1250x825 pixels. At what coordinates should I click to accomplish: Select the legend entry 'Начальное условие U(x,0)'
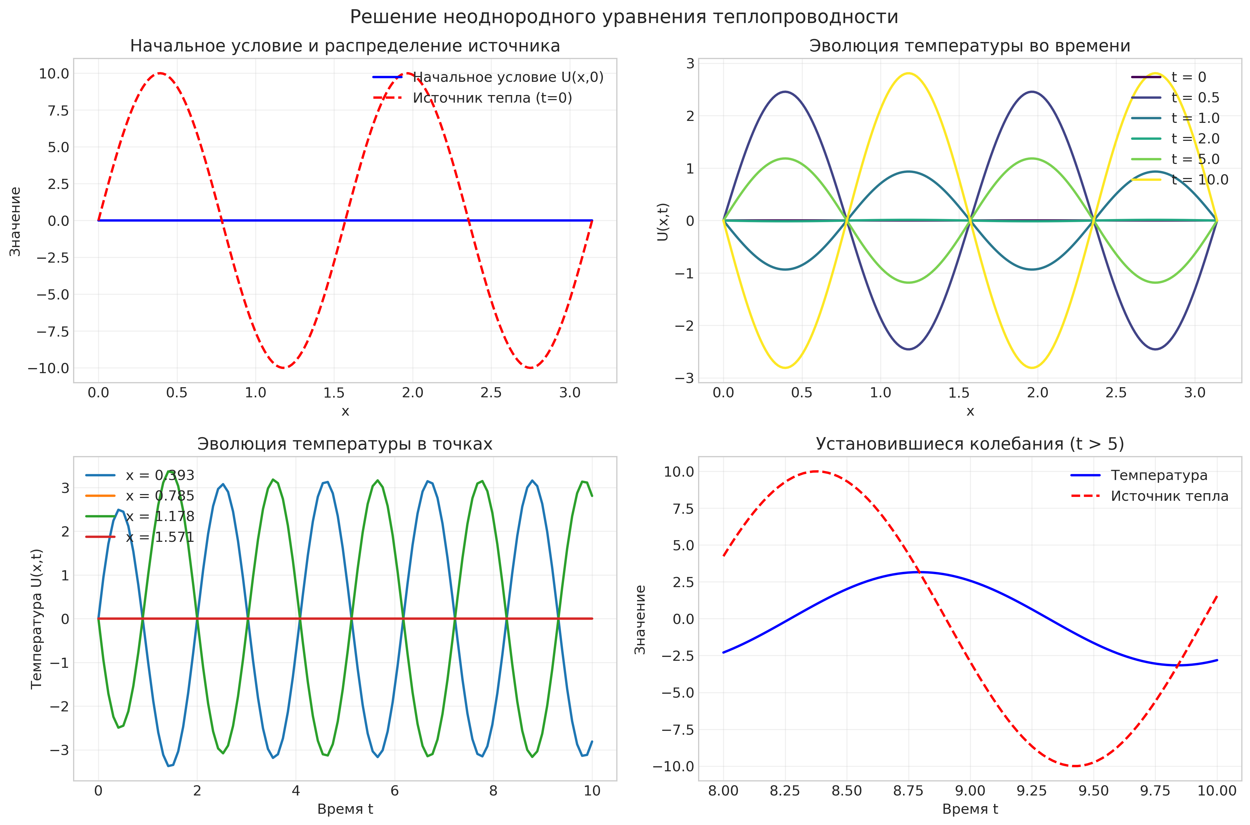pos(508,77)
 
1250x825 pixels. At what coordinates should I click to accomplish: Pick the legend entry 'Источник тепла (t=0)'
pos(492,98)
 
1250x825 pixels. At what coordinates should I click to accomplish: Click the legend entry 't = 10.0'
pos(1199,180)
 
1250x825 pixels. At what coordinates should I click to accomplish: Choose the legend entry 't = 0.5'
pos(1195,98)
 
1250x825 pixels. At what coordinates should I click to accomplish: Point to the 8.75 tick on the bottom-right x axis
pos(908,791)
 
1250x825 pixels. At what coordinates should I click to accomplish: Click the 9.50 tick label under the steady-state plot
pos(1093,791)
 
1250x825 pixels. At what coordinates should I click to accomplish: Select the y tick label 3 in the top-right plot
pos(690,63)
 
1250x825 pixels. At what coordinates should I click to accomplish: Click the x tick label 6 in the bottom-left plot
pos(394,791)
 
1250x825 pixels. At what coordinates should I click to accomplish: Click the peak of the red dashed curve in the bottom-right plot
pos(816,472)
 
